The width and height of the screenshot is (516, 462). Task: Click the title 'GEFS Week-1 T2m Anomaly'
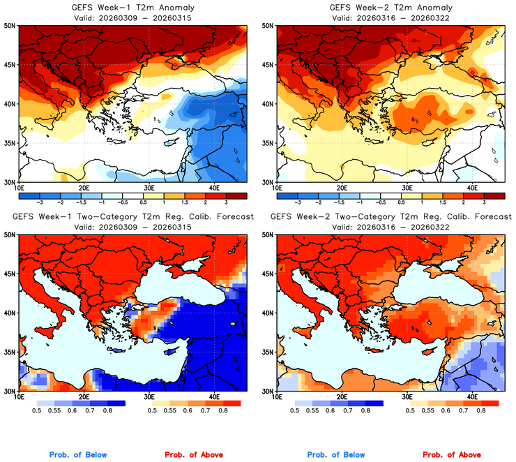pos(132,7)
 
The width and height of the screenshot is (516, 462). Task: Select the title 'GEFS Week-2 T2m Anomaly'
pos(391,7)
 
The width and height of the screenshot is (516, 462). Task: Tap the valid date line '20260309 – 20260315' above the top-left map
pos(132,17)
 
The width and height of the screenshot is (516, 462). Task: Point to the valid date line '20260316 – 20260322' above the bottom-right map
pos(391,227)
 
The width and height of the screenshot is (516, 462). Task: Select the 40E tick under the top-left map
pos(214,188)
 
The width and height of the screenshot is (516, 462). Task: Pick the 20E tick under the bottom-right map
pos(342,397)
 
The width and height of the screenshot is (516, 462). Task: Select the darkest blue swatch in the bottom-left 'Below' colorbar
pos(115,403)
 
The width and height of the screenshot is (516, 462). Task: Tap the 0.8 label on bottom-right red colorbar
pos(481,411)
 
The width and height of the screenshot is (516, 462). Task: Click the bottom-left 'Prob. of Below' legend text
pos(78,454)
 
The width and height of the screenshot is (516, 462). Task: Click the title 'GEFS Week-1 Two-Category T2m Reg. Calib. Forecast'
pos(132,216)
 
